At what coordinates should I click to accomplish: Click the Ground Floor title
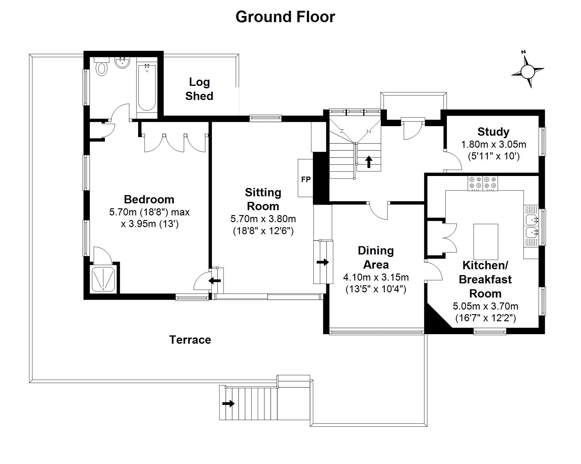tap(285, 17)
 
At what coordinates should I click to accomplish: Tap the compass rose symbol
tap(528, 72)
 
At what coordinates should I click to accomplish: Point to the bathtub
tap(147, 88)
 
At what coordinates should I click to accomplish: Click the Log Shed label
tap(199, 89)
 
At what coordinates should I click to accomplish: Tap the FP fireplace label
tap(306, 179)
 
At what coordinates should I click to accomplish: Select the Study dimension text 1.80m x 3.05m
tap(493, 144)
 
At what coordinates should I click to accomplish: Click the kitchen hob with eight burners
tap(483, 183)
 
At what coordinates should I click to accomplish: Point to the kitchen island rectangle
tap(486, 242)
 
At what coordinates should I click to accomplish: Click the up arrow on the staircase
tap(368, 162)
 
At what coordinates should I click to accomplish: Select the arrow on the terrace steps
tap(228, 403)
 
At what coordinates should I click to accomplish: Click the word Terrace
tap(190, 340)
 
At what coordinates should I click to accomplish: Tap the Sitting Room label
tap(263, 199)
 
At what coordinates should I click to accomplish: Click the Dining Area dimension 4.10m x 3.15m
tap(376, 277)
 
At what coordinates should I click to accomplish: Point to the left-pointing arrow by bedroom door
tap(215, 281)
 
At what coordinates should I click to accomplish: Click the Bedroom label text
tap(149, 199)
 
